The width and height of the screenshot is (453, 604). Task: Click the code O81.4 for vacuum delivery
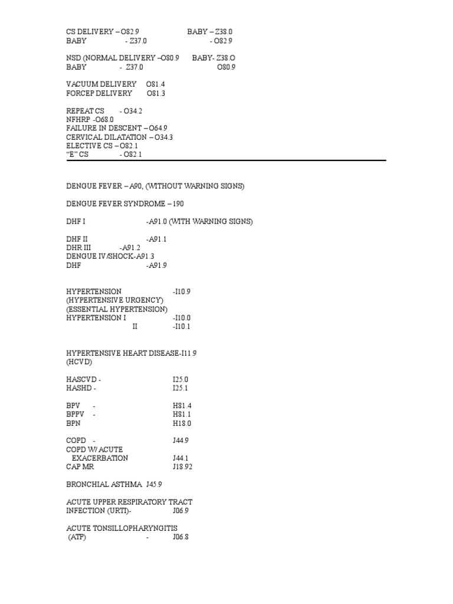pos(156,84)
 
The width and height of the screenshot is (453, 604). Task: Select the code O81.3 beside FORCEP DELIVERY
pos(156,93)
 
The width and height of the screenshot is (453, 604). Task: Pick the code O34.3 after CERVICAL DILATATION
pos(163,137)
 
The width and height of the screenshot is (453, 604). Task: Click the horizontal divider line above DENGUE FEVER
pos(226,160)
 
